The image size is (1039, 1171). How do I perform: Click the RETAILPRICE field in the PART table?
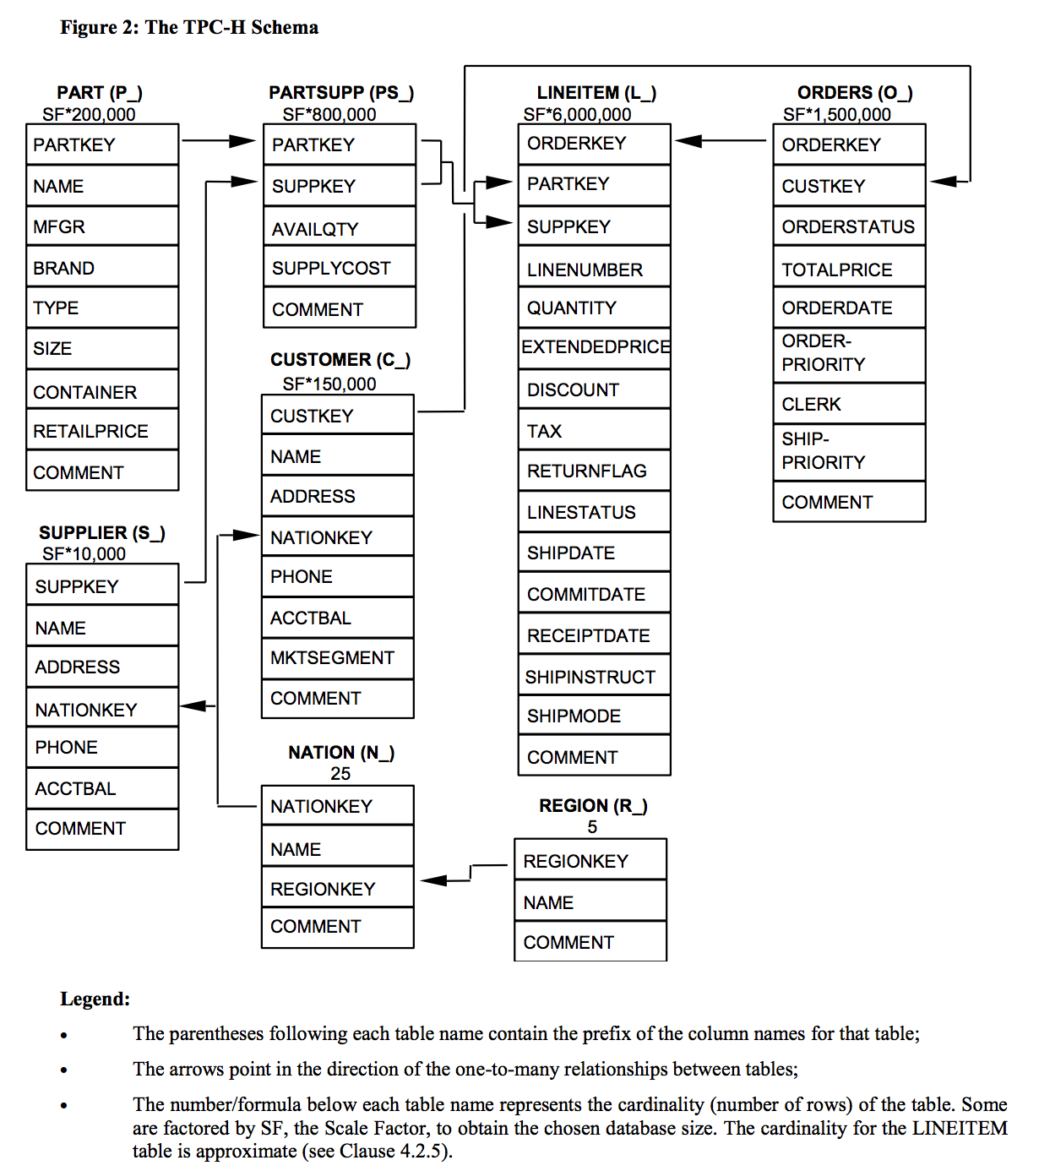(101, 431)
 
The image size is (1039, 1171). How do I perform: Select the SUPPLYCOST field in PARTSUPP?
(339, 268)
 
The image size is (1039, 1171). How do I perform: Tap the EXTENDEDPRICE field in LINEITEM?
(594, 347)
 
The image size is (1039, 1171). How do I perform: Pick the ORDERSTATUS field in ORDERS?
(848, 226)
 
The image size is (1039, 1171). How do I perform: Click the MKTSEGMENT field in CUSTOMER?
(337, 657)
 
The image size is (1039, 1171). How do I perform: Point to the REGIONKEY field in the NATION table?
(337, 889)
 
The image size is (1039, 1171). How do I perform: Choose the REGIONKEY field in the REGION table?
(590, 861)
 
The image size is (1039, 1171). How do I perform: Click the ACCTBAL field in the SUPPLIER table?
(101, 788)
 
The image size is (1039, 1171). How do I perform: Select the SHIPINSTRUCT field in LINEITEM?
(594, 677)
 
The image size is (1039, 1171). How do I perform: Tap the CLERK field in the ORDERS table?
(848, 404)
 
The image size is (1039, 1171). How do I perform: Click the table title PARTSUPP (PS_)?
(341, 92)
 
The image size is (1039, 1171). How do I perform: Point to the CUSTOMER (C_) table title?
(340, 360)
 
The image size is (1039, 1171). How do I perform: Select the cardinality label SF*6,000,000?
(577, 115)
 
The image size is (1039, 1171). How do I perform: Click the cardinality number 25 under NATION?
(340, 774)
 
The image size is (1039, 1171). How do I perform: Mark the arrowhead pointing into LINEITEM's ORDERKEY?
(688, 141)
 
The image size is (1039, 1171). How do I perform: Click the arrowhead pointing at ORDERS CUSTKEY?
(943, 181)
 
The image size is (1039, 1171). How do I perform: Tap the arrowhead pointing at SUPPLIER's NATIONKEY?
(193, 705)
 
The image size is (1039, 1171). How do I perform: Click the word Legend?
(95, 999)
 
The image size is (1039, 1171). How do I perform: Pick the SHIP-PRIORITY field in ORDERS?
(848, 451)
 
